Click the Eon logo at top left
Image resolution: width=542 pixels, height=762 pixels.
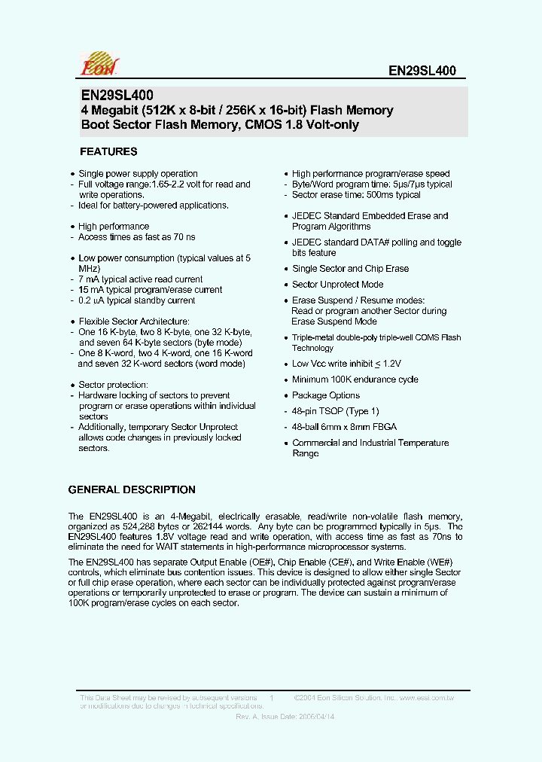coord(99,64)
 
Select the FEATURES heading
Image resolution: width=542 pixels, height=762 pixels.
coord(108,151)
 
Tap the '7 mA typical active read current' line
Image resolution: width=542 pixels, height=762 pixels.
coord(141,279)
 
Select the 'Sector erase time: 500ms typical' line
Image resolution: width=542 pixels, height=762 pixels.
coord(356,195)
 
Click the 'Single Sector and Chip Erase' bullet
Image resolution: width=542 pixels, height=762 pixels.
coord(350,269)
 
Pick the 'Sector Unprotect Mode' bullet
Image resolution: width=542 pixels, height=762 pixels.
coord(337,285)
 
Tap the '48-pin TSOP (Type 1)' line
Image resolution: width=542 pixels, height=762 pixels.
coord(336,411)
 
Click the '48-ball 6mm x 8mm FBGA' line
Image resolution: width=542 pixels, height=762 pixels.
coord(344,427)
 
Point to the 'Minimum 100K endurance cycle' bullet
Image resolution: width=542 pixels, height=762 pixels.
coord(355,379)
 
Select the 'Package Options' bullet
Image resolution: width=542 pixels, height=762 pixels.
coord(325,395)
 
